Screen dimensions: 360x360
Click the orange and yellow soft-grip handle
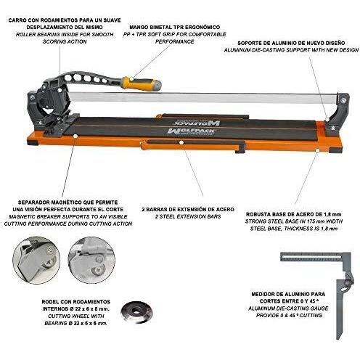pos(142,83)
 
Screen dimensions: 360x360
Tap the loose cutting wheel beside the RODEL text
pos(136,311)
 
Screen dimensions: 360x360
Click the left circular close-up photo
pos(36,261)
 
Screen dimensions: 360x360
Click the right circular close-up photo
pos(91,261)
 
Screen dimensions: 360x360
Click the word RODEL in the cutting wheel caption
pos(50,302)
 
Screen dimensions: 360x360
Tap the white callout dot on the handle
pos(131,78)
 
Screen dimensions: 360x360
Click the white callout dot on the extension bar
pos(181,142)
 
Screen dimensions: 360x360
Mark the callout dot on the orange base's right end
pos(317,150)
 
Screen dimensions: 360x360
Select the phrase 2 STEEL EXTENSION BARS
pos(188,216)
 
